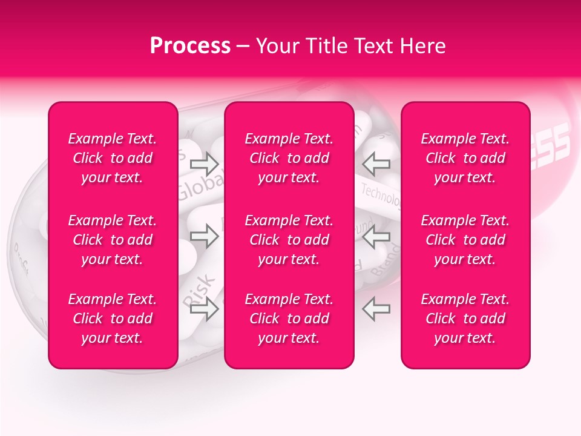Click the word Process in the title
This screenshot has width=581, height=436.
point(190,46)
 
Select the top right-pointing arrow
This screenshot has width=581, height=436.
point(205,163)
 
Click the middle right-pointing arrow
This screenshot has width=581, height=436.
point(205,236)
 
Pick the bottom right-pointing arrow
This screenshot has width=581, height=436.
point(205,309)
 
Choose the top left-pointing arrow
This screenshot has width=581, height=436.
point(376,163)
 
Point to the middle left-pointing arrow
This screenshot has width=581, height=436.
point(376,236)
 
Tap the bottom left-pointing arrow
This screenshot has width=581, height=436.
point(376,309)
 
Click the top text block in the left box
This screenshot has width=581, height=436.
point(113,158)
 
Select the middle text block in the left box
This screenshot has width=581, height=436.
point(113,240)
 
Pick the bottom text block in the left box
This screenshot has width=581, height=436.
point(113,319)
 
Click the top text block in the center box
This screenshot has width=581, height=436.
point(289,158)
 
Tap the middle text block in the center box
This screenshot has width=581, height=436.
point(289,240)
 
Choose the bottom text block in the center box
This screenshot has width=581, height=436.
point(289,319)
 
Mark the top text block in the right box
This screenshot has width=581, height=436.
point(465,158)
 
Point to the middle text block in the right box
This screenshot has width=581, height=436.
point(465,240)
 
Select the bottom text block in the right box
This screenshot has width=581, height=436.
point(465,319)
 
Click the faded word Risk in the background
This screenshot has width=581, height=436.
point(198,289)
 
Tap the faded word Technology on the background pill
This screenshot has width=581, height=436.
point(381,195)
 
